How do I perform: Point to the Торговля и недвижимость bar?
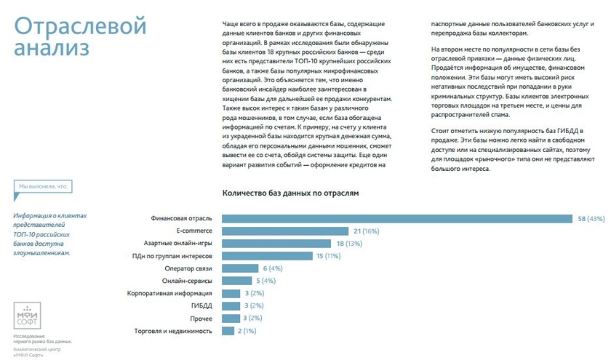click(227, 331)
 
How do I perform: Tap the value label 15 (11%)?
click(327, 256)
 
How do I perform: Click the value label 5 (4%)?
click(265, 281)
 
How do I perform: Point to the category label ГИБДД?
click(201, 306)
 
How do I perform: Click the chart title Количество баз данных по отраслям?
click(289, 193)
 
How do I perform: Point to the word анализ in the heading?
click(52, 49)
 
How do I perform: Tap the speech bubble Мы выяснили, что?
click(43, 187)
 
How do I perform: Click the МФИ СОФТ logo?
click(28, 313)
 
